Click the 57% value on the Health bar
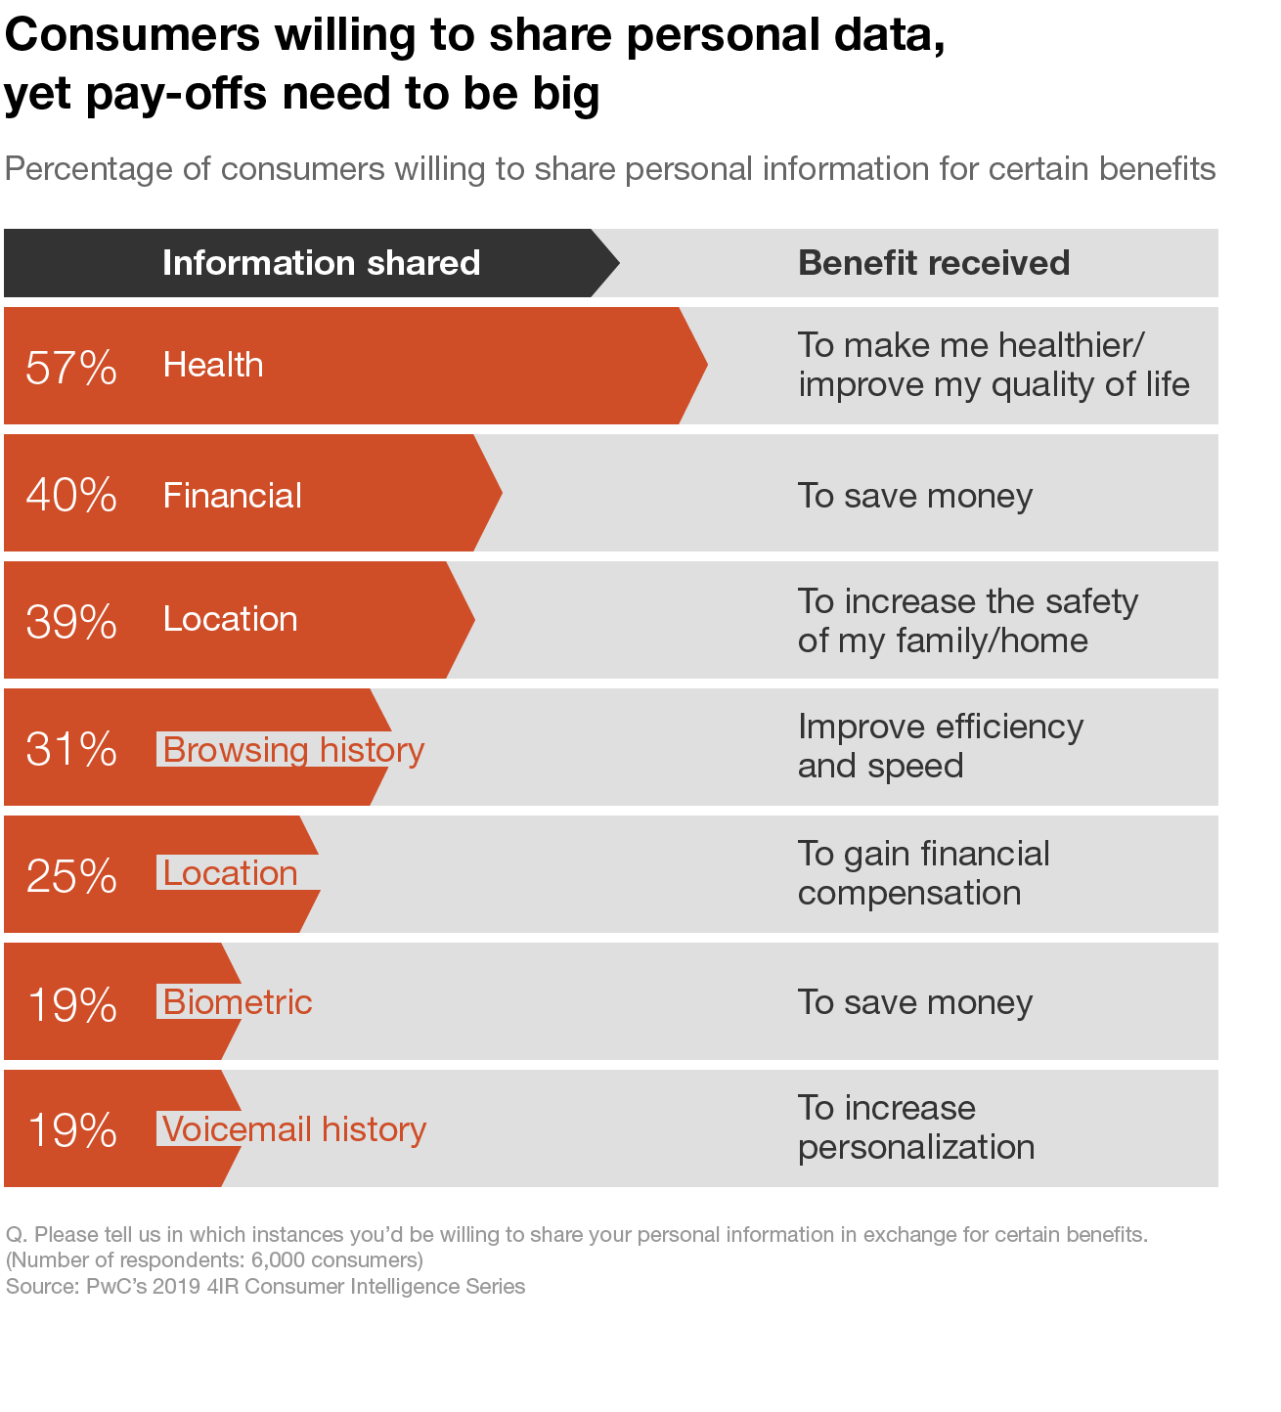pyautogui.click(x=71, y=368)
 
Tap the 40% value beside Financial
pyautogui.click(x=71, y=495)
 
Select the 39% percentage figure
pyautogui.click(x=71, y=622)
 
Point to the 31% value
pyautogui.click(x=71, y=749)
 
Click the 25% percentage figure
pyautogui.click(x=71, y=876)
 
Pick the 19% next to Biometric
pyautogui.click(x=71, y=1004)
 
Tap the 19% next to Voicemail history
pyautogui.click(x=71, y=1130)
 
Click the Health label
pyautogui.click(x=213, y=365)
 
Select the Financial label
pyautogui.click(x=233, y=495)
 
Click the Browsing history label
pyautogui.click(x=293, y=749)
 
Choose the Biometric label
pyautogui.click(x=238, y=1002)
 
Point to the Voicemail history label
pyautogui.click(x=294, y=1129)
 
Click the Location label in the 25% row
pyautogui.click(x=230, y=873)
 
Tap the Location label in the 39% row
pyautogui.click(x=230, y=619)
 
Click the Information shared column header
pyautogui.click(x=321, y=263)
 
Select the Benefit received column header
pyautogui.click(x=934, y=263)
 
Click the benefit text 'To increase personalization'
pyautogui.click(x=915, y=1127)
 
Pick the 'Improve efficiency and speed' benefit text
pyautogui.click(x=940, y=746)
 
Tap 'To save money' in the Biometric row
pyautogui.click(x=915, y=1002)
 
